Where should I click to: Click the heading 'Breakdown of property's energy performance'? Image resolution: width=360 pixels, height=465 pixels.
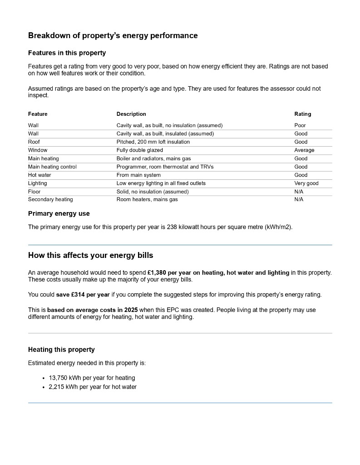(x=113, y=35)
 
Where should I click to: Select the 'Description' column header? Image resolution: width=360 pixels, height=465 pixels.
(x=131, y=114)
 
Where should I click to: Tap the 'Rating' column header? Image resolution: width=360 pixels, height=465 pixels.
(x=303, y=114)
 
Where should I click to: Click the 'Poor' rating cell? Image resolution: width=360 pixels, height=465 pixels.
(x=300, y=125)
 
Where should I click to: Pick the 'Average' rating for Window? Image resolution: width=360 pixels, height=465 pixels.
(x=304, y=150)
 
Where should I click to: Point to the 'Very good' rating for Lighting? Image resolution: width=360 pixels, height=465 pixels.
(x=306, y=183)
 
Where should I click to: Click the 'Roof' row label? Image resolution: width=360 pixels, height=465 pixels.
(x=34, y=142)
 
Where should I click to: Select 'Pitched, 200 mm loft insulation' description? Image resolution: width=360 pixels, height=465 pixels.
(x=153, y=142)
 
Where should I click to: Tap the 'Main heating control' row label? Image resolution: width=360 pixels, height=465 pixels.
(x=52, y=167)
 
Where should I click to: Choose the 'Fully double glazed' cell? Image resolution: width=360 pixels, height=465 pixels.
(x=139, y=150)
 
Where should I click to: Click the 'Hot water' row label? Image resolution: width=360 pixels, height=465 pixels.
(x=39, y=175)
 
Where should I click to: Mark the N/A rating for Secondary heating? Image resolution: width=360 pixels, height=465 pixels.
(x=299, y=199)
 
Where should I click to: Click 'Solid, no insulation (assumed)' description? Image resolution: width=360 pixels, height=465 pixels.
(x=153, y=192)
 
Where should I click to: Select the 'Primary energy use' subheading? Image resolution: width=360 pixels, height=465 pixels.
(x=59, y=213)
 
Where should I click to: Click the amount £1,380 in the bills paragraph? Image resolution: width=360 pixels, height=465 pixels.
(x=158, y=272)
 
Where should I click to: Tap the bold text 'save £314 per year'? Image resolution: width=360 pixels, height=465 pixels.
(x=82, y=294)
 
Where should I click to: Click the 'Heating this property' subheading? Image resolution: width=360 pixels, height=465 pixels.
(x=61, y=350)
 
